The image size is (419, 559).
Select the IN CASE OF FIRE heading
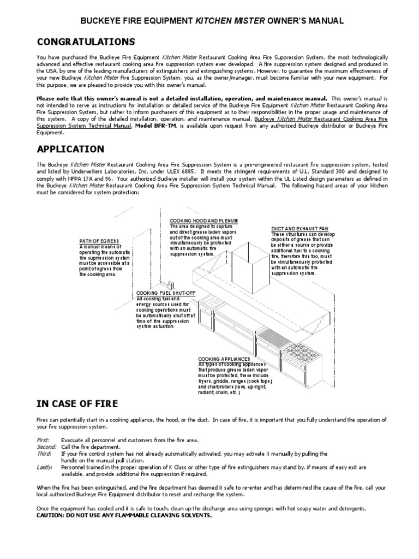(x=76, y=403)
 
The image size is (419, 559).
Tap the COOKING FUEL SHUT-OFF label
(x=162, y=293)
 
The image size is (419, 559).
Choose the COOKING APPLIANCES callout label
(x=223, y=359)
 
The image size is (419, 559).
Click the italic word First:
(x=43, y=439)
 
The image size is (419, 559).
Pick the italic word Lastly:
(x=44, y=467)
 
